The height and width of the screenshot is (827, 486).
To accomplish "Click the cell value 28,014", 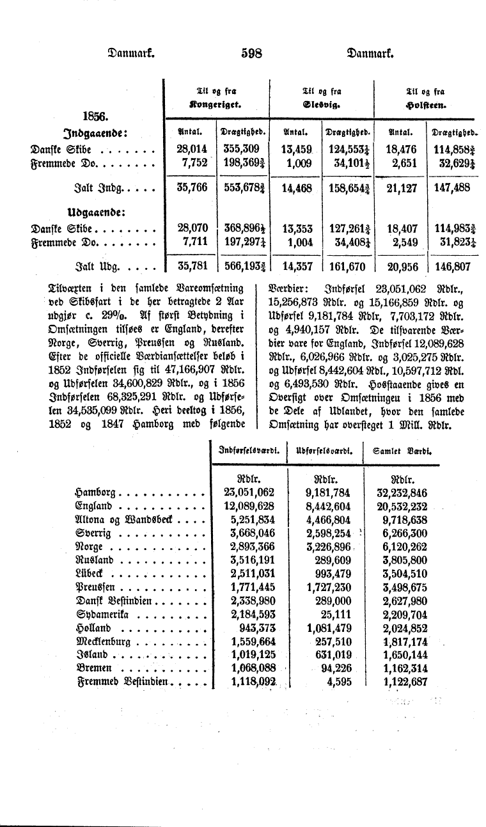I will pyautogui.click(x=192, y=150).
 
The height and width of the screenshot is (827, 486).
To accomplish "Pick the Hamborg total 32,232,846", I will pyautogui.click(x=404, y=492).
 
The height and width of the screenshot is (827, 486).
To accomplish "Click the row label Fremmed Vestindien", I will pyautogui.click(x=121, y=682).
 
